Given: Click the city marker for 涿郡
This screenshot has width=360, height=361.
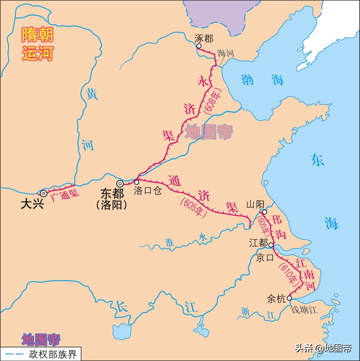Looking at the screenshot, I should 199,46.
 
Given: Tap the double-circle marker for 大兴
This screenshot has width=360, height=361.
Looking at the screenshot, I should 43,194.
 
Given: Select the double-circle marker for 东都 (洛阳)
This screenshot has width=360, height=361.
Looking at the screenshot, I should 120,184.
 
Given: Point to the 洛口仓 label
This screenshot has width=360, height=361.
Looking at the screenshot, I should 148,190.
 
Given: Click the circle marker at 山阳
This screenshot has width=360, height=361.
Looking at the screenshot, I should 264,212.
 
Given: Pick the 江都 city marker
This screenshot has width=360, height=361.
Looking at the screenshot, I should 271,245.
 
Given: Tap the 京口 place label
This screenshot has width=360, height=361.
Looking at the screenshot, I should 265,258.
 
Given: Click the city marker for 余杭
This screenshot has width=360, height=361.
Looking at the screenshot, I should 289,298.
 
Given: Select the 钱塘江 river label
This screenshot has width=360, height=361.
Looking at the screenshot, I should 304,310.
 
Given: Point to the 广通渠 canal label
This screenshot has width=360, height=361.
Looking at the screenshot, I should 65,195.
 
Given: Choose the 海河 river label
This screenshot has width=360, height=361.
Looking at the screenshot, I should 226,53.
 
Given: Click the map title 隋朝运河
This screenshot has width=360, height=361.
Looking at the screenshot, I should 37,44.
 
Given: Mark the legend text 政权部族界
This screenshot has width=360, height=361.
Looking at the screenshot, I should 53,354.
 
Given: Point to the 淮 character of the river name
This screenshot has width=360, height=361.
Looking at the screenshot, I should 170,243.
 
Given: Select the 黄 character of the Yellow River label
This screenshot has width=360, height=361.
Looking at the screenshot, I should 92,94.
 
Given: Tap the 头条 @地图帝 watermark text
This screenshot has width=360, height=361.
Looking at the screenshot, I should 323,348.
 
